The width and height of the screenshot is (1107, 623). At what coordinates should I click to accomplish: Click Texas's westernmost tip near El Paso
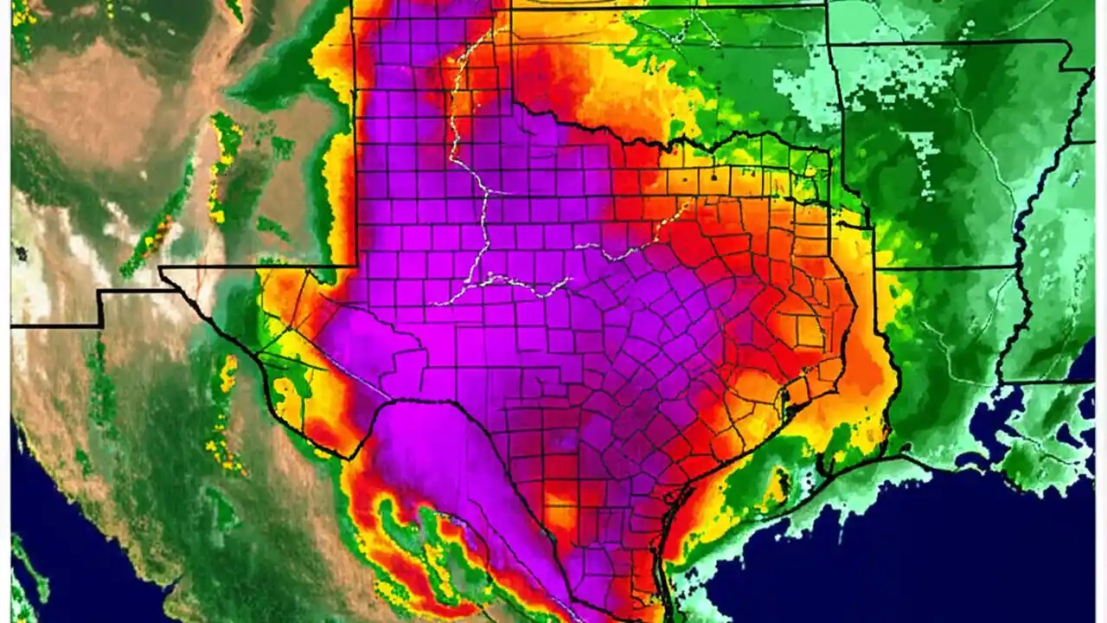(161, 269)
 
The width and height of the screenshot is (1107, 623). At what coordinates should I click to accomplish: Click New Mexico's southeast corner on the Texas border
(355, 265)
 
